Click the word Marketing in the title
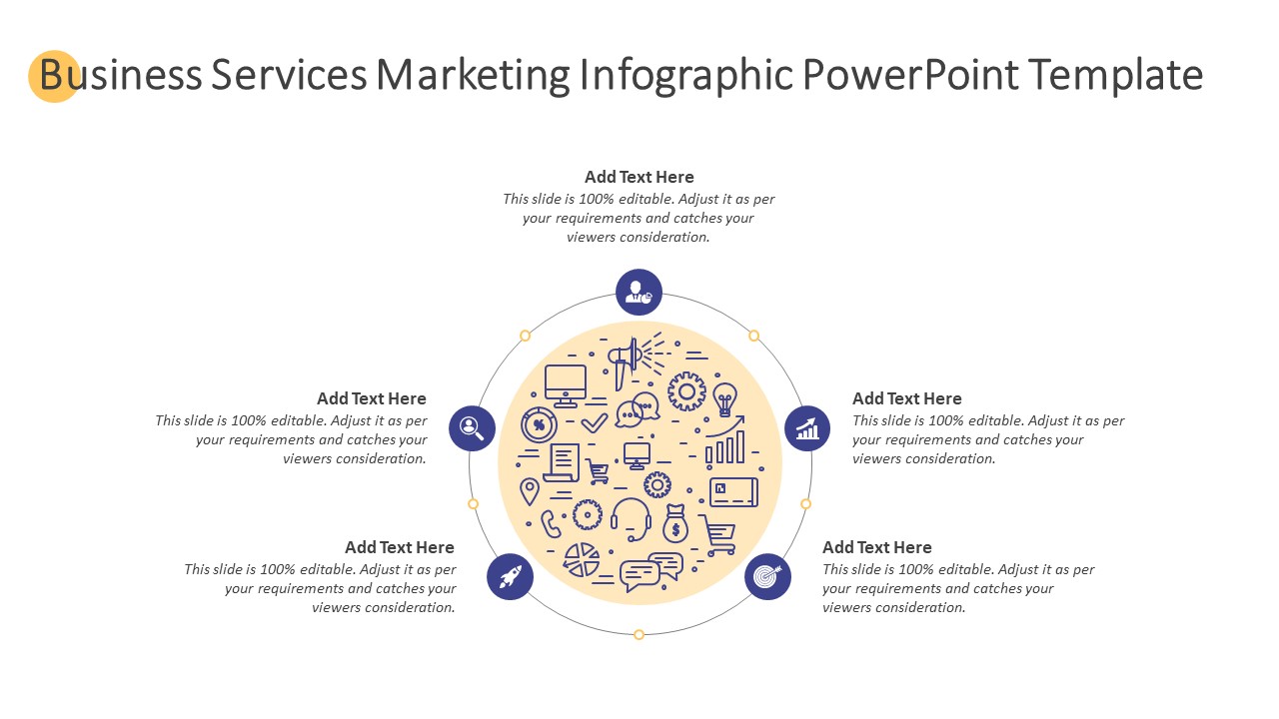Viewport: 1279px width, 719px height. pos(473,75)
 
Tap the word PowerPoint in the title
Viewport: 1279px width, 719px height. pos(910,74)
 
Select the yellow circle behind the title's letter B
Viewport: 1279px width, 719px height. pos(54,76)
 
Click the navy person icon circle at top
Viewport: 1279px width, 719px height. pos(639,293)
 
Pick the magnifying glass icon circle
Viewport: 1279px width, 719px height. pos(472,428)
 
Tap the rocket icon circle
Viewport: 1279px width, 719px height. pos(510,576)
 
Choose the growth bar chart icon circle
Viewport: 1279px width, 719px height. pos(807,428)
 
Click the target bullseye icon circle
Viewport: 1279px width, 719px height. pos(768,576)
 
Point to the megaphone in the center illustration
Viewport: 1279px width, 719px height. pos(626,360)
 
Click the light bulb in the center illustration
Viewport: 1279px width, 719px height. pos(724,398)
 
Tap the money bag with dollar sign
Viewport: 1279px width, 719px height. pos(675,523)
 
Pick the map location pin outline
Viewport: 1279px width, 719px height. pos(530,491)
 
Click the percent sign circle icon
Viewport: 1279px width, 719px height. pos(539,424)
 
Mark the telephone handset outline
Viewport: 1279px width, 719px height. pos(551,524)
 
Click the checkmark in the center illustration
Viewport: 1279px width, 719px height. pos(594,422)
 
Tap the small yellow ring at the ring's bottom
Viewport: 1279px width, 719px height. pos(639,634)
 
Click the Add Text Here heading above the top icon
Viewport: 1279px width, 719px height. pos(639,177)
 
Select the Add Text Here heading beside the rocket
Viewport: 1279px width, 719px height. pos(399,547)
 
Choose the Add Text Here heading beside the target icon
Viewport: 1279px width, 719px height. pos(877,547)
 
